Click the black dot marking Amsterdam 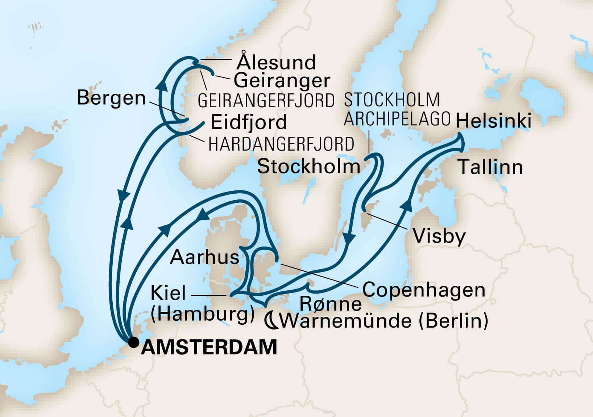[x=134, y=342]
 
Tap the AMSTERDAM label [x=209, y=347]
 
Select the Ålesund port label [x=276, y=63]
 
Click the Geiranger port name [x=282, y=81]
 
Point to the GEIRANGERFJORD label [x=266, y=101]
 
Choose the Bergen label [x=111, y=98]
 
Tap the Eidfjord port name [x=249, y=122]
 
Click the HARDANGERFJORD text [x=281, y=144]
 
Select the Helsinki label [x=494, y=121]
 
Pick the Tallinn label [x=491, y=167]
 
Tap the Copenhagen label [x=424, y=290]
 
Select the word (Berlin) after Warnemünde [x=453, y=321]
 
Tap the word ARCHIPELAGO [x=397, y=119]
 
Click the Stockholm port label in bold [x=308, y=167]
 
